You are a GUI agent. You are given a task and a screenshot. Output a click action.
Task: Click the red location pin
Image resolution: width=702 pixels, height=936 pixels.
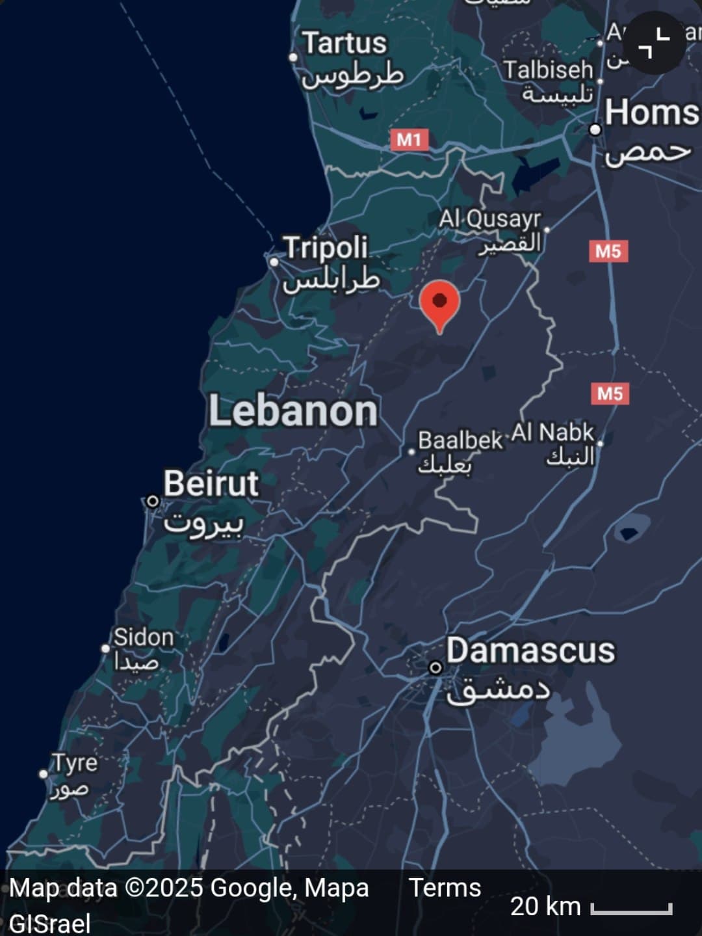click(440, 304)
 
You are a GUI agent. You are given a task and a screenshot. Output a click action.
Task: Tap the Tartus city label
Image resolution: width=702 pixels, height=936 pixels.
click(345, 44)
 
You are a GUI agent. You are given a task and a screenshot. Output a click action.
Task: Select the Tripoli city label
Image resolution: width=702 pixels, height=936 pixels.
click(326, 248)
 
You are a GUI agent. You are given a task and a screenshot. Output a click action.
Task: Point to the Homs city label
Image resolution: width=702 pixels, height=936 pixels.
click(651, 113)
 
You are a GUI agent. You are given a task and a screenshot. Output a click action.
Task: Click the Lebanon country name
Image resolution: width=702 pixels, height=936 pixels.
click(292, 411)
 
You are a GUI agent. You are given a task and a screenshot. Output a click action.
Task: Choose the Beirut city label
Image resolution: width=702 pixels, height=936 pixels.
click(211, 484)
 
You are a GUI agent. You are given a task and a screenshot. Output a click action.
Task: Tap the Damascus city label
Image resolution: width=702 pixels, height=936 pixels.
click(530, 651)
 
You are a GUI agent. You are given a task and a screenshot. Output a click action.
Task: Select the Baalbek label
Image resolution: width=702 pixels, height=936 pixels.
click(460, 441)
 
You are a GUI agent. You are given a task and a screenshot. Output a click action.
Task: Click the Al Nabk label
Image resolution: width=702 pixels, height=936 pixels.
click(552, 433)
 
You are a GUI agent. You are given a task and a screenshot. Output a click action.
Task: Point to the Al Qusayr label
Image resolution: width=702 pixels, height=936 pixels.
click(489, 219)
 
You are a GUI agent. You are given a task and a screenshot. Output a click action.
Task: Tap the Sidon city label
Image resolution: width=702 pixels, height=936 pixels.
click(144, 637)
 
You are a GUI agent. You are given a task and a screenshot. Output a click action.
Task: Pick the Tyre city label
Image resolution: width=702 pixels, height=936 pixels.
click(75, 763)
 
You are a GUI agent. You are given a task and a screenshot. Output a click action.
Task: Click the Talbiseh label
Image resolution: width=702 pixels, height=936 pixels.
click(548, 70)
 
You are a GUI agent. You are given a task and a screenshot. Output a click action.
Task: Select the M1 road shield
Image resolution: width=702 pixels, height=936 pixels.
click(409, 139)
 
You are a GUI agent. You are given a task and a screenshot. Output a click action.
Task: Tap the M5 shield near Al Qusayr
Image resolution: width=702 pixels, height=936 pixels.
click(608, 251)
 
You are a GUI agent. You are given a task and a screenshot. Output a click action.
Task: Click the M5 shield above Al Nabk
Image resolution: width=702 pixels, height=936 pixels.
click(610, 394)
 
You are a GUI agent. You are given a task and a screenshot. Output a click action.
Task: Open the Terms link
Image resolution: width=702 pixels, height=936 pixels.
click(445, 888)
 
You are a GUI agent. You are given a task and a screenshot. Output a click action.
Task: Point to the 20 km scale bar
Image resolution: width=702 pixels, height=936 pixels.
click(631, 908)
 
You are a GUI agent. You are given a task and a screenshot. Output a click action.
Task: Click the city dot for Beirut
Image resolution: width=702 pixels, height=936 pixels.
click(152, 501)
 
